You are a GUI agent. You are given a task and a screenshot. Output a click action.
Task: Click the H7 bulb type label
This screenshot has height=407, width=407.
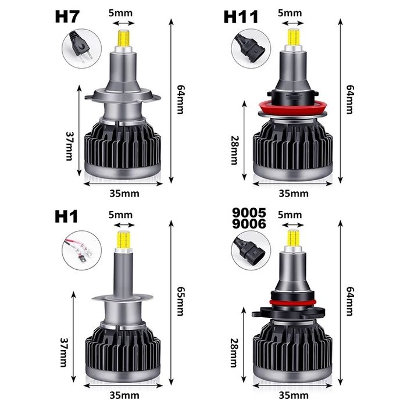[68, 17]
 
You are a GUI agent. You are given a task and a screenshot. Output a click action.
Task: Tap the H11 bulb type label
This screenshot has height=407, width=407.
[241, 17]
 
